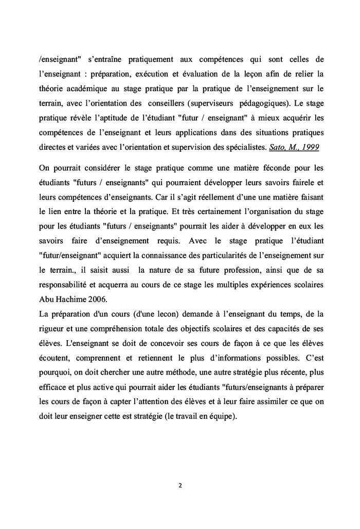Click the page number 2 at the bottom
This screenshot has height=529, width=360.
coord(180,485)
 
